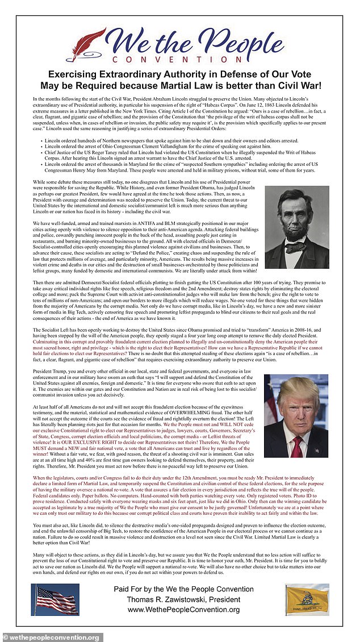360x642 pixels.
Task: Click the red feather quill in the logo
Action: (x=85, y=44)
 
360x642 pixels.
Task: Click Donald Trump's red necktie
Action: (x=297, y=445)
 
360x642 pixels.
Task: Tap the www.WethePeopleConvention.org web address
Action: (x=183, y=610)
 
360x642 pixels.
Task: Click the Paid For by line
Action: (x=183, y=589)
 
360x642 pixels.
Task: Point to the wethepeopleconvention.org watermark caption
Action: (x=52, y=637)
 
